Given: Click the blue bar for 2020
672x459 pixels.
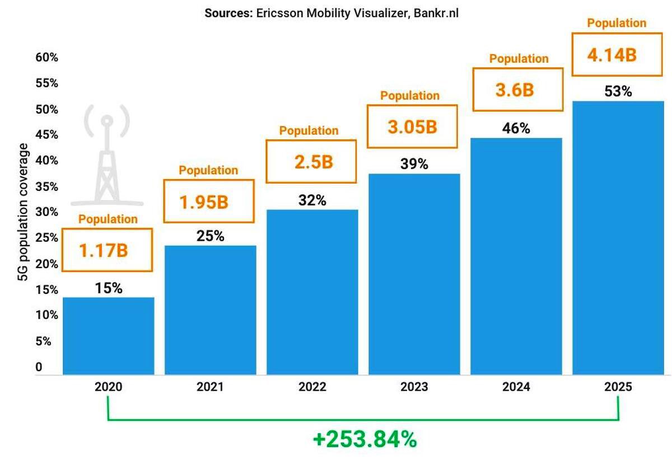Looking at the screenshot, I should (x=108, y=336).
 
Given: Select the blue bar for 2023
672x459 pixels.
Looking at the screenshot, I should (x=414, y=274).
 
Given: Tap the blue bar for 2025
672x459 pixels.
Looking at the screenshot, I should (x=618, y=238).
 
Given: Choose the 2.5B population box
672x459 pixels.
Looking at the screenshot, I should (x=312, y=162).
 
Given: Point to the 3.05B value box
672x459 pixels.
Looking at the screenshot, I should (x=412, y=127).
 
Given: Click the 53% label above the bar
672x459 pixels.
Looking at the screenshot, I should (x=618, y=91).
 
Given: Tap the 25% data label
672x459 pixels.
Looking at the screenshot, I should (x=210, y=236).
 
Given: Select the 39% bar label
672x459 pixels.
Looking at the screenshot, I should (x=414, y=164).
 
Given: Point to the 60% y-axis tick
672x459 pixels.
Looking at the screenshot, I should (x=47, y=58).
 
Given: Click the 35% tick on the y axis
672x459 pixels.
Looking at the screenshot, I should (x=47, y=186).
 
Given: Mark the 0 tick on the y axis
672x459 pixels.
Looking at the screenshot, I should (x=39, y=367).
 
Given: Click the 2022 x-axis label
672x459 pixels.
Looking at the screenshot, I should (x=312, y=387).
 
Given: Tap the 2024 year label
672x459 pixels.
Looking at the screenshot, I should (x=516, y=387).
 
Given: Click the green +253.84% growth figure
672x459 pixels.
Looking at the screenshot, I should (x=365, y=439).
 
